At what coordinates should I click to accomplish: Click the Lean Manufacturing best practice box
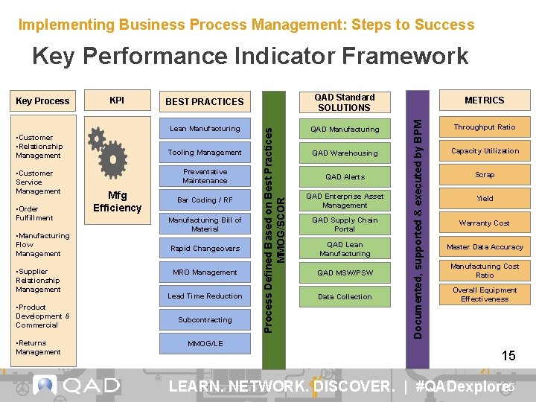point(205,129)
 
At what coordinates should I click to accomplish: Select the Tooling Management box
point(205,153)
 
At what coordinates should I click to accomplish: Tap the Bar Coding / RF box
point(205,200)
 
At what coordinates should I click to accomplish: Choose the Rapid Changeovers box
point(205,249)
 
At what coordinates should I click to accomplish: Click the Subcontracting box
point(205,320)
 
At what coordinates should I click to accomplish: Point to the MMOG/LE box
point(205,344)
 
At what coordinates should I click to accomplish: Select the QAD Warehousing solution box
point(345,153)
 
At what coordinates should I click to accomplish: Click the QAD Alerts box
point(345,177)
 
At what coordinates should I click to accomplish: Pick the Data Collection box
point(345,297)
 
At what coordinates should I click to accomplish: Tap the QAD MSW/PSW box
point(345,273)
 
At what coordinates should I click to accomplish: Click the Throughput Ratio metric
point(485,127)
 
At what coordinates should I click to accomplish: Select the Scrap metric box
point(485,175)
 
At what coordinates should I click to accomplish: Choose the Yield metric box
point(485,199)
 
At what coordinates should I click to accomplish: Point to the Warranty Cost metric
point(485,223)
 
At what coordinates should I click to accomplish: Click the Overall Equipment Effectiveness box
point(485,295)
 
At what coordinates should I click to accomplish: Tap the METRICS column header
point(485,100)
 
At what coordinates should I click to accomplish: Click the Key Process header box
point(42,101)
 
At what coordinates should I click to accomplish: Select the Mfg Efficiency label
point(117,202)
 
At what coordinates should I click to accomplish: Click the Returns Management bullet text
point(39,348)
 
